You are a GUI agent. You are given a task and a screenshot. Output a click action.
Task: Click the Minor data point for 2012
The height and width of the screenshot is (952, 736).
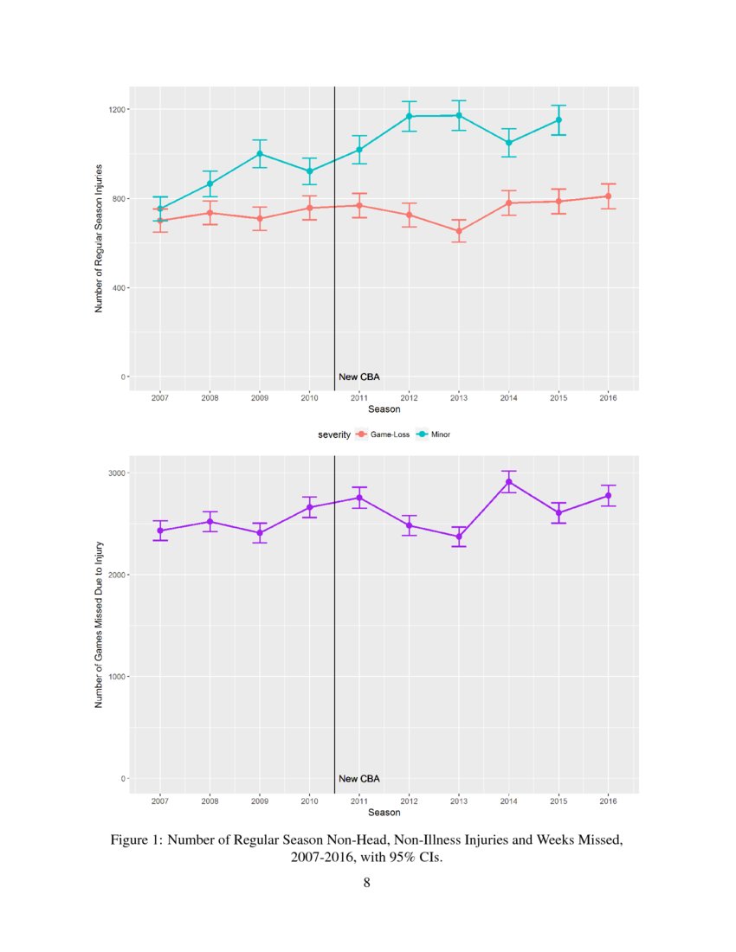(409, 116)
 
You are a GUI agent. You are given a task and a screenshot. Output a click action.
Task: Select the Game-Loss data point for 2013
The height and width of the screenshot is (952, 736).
(459, 231)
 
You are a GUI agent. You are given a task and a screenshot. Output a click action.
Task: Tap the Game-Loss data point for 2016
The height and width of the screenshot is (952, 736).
(608, 196)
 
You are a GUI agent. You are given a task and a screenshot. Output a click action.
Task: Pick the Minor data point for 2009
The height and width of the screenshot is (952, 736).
(259, 154)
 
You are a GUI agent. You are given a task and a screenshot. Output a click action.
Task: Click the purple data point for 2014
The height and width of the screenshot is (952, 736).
(509, 482)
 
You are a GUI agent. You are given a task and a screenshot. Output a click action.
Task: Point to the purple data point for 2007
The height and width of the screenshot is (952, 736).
(159, 531)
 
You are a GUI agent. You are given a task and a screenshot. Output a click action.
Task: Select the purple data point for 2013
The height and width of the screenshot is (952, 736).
(459, 537)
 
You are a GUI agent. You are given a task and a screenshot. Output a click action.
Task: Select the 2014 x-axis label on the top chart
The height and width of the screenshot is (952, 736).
(509, 398)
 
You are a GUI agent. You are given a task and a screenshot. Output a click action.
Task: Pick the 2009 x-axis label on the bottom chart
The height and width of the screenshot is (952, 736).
(259, 801)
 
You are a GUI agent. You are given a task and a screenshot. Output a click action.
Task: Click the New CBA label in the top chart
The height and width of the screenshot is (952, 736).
(359, 377)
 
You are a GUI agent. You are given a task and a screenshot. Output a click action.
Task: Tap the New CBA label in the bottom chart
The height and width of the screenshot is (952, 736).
(359, 779)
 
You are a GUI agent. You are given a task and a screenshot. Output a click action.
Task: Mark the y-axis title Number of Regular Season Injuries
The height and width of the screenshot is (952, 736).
(100, 237)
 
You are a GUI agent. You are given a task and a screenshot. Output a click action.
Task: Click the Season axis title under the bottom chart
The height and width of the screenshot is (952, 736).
(384, 813)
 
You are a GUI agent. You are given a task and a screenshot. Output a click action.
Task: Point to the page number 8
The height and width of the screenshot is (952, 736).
(367, 883)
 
